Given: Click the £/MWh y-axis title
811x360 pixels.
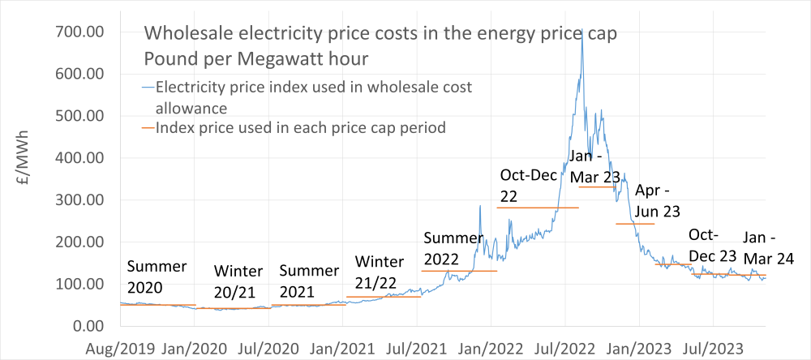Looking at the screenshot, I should click(26, 180).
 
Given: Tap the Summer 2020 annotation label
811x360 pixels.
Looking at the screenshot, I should click(157, 276).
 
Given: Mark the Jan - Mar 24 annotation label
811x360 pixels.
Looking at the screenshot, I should click(768, 248).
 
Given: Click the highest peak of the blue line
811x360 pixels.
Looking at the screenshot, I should click(581, 30).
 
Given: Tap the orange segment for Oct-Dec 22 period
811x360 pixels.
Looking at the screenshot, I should click(537, 208).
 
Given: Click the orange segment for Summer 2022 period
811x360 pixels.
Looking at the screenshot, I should click(459, 271).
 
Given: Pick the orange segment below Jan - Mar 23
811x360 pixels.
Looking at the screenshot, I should click(596, 187).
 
